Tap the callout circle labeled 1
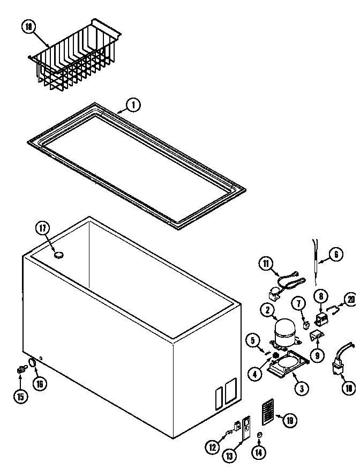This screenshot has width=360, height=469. pos(133,105)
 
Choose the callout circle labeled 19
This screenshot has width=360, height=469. pos(289,420)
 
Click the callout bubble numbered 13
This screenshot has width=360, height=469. pos(229,456)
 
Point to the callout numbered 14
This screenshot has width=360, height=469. pos(259,452)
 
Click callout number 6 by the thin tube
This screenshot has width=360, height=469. pos(335,254)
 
